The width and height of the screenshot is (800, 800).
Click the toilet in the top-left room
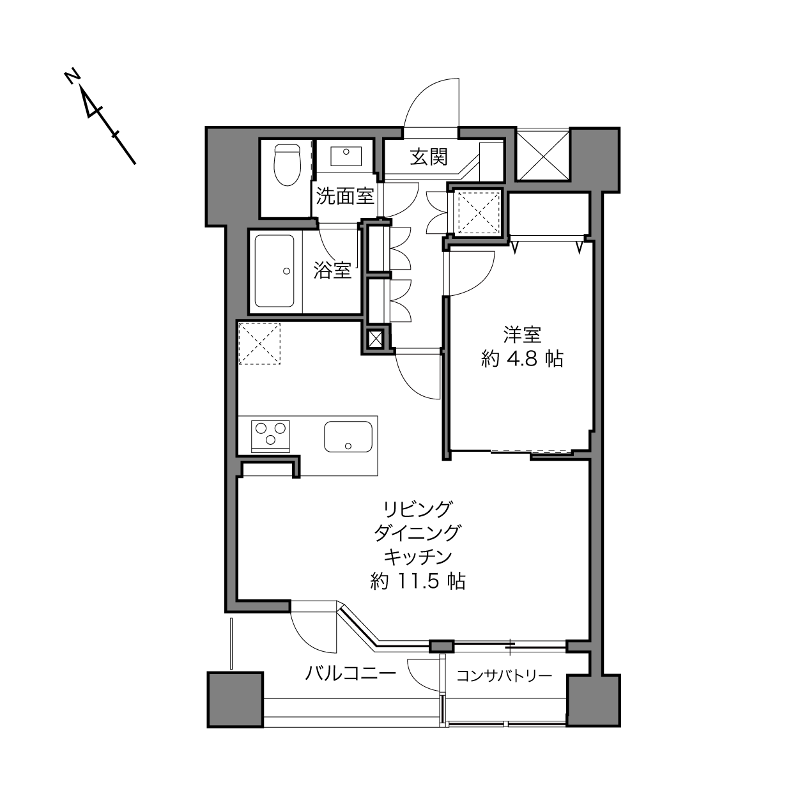[x=288, y=165]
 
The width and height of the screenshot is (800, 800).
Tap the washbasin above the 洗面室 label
[x=346, y=156]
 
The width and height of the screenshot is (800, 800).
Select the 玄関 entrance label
[x=429, y=157]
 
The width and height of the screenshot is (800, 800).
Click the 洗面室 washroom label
[x=345, y=196]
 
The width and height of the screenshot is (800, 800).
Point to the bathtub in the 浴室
[x=274, y=271]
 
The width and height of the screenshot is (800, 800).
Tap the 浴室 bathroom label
[x=332, y=270]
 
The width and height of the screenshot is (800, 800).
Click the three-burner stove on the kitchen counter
[x=271, y=436]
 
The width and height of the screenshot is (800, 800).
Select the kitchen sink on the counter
[x=348, y=436]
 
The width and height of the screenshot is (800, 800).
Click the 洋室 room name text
[x=522, y=335]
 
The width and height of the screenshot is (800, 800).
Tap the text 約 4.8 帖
[x=522, y=358]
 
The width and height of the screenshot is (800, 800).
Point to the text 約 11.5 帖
[x=418, y=581]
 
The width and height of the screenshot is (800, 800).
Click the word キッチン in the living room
[x=418, y=557]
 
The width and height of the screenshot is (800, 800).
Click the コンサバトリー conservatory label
[x=504, y=676]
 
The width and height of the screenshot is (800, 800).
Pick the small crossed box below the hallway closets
[x=375, y=339]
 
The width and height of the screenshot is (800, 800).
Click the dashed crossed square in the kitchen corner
[x=259, y=344]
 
